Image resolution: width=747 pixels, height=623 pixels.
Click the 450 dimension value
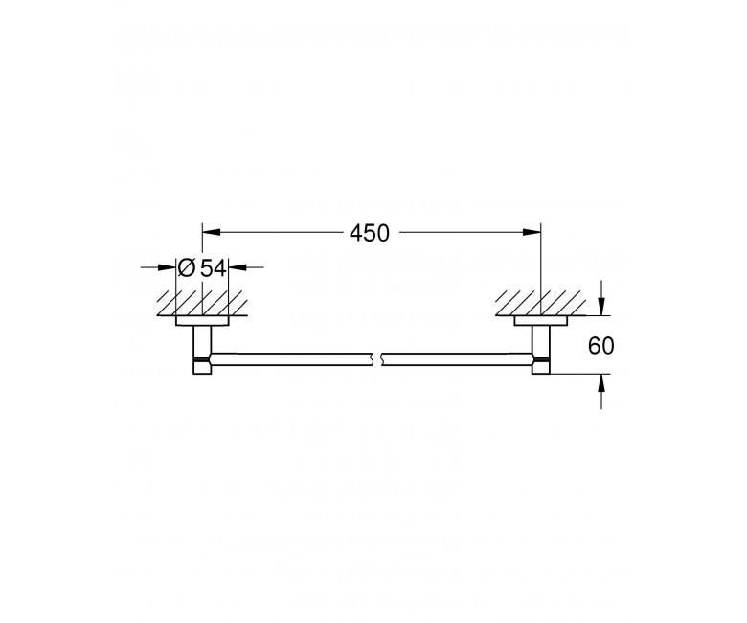[x=370, y=233]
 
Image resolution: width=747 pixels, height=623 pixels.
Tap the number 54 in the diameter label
[x=213, y=268]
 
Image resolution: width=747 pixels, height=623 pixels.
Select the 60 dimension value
[x=601, y=346]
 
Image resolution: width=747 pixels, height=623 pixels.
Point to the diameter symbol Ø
[x=187, y=267]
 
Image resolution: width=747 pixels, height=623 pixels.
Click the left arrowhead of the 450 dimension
[x=212, y=232]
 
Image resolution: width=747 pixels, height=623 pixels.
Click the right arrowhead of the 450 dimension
[x=532, y=232]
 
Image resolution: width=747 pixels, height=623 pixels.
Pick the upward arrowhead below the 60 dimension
[x=601, y=383]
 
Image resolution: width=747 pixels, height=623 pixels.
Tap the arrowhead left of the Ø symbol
[x=168, y=267]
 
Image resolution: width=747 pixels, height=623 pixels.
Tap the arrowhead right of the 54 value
[x=238, y=267]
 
